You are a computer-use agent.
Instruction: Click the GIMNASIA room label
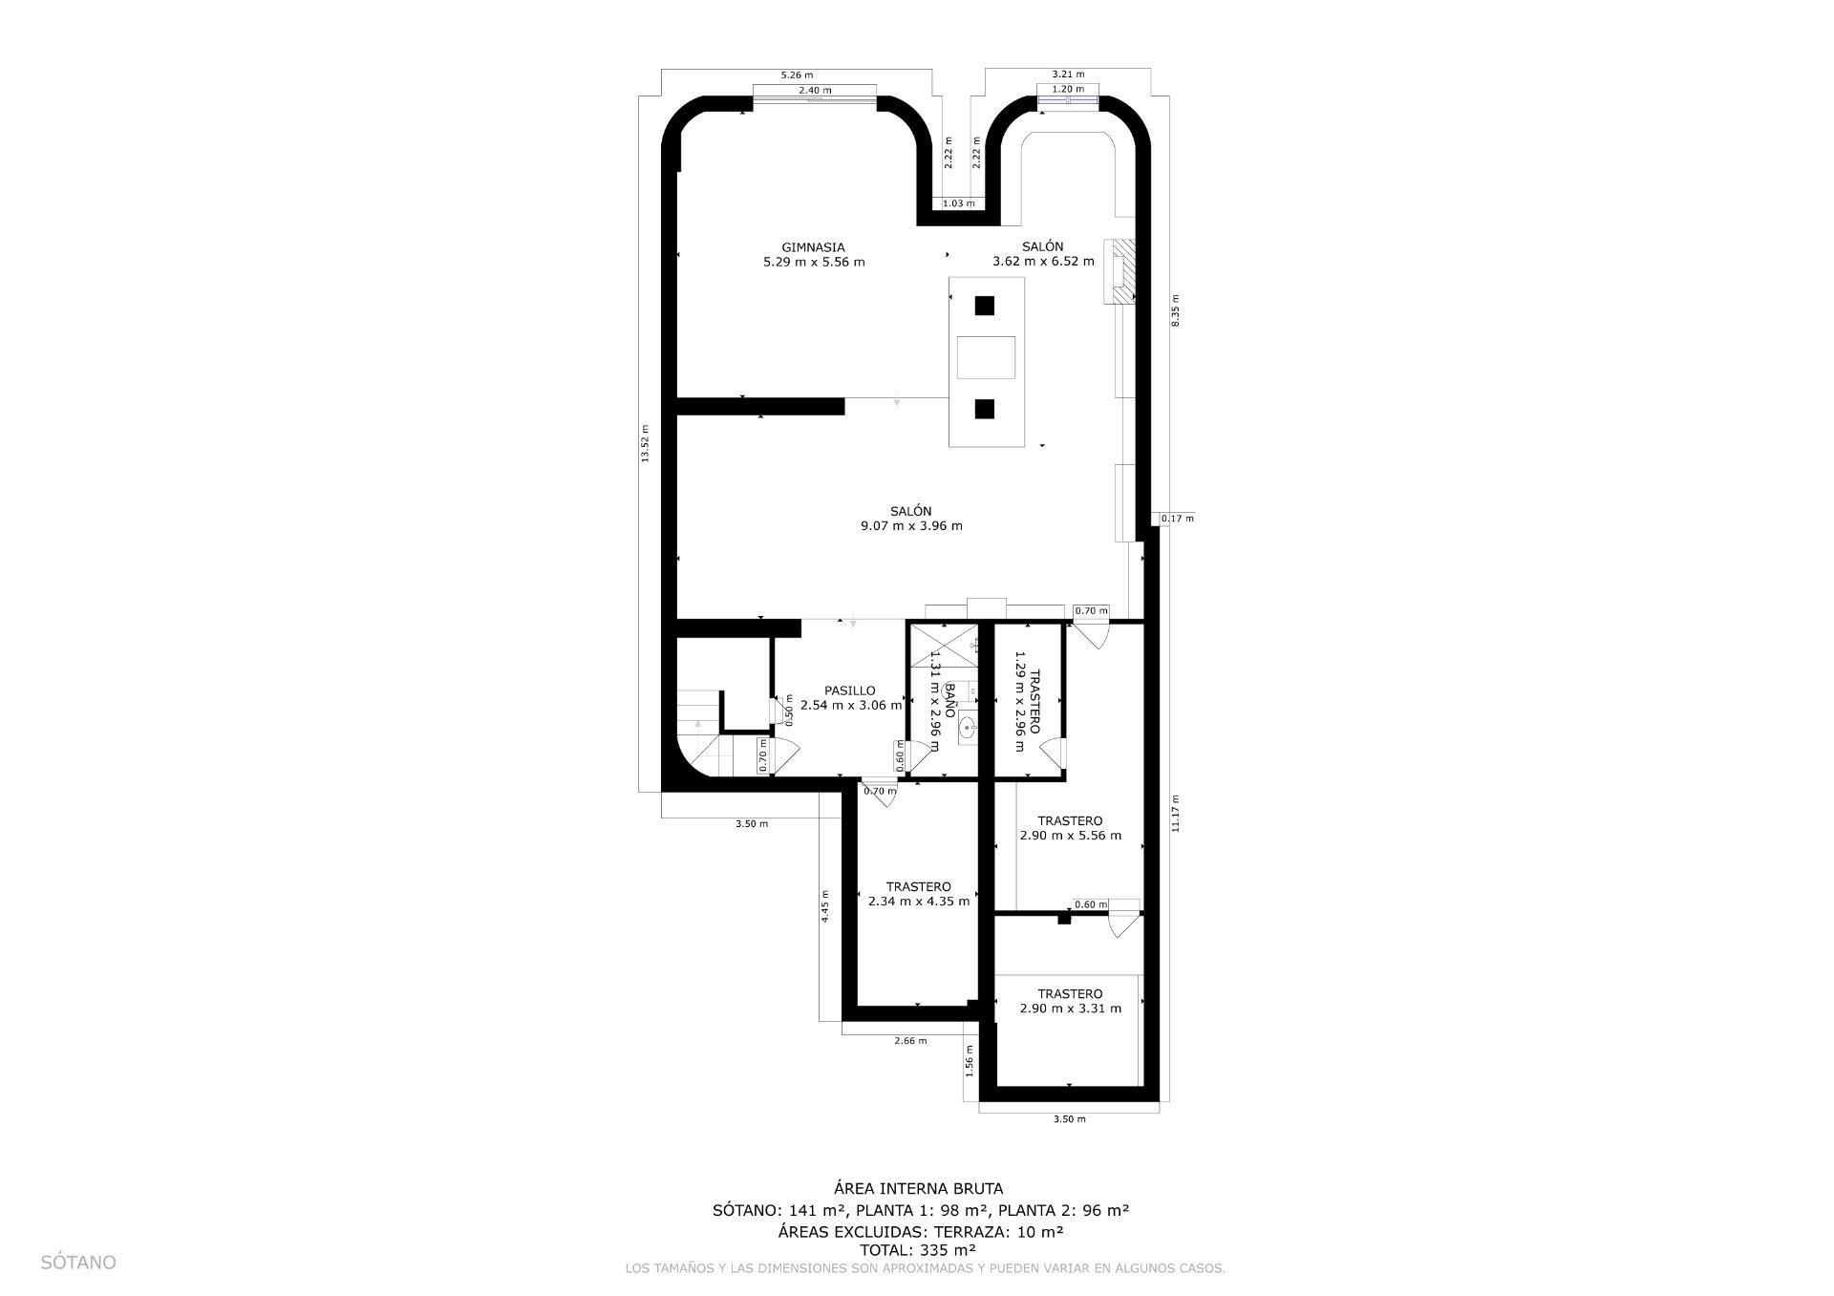[813, 247]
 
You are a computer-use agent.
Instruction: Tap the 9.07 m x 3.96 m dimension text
[911, 526]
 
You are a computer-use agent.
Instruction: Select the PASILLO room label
[849, 690]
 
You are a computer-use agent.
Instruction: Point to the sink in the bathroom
[968, 728]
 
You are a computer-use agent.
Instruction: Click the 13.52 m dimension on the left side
[645, 444]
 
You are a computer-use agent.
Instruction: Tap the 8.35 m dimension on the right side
[1176, 310]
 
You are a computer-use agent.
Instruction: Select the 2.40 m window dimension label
[815, 91]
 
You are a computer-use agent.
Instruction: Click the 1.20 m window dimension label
[1067, 89]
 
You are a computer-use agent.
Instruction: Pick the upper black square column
[984, 307]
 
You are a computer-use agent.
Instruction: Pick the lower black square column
[984, 410]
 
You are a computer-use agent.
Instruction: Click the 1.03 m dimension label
[958, 203]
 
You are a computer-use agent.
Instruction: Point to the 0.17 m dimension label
[1177, 519]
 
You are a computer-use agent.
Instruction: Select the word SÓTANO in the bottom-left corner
[78, 1263]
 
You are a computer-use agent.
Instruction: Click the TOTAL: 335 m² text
[917, 1250]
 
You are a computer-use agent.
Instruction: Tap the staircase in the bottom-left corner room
[702, 731]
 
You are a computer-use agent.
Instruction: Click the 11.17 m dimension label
[1176, 814]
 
